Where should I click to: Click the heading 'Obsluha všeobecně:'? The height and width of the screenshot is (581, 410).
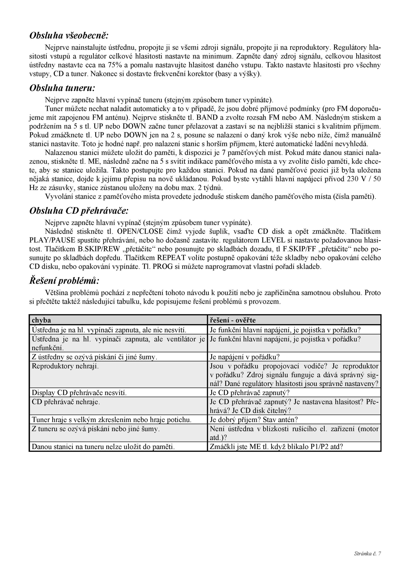click(x=69, y=36)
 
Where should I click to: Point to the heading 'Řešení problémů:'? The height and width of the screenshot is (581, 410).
click(x=64, y=280)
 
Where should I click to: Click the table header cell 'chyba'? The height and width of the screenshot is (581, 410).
click(x=41, y=320)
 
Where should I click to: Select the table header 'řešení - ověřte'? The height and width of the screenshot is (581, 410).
click(x=233, y=320)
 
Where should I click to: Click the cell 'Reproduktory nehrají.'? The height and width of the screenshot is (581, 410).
click(x=65, y=366)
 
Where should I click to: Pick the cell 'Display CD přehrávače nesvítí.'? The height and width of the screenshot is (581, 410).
click(x=79, y=393)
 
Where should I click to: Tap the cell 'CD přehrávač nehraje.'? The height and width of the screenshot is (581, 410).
click(x=66, y=402)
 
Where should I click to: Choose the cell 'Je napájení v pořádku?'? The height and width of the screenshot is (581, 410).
click(x=244, y=357)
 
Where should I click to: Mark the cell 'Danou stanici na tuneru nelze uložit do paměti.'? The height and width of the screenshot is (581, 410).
click(x=103, y=447)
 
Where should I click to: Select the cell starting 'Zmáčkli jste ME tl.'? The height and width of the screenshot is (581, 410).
click(x=276, y=447)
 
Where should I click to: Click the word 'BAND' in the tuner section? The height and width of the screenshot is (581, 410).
click(x=207, y=118)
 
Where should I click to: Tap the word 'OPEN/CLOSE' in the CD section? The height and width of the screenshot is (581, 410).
click(x=140, y=231)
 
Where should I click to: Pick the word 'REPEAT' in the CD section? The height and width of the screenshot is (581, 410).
click(x=171, y=258)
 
